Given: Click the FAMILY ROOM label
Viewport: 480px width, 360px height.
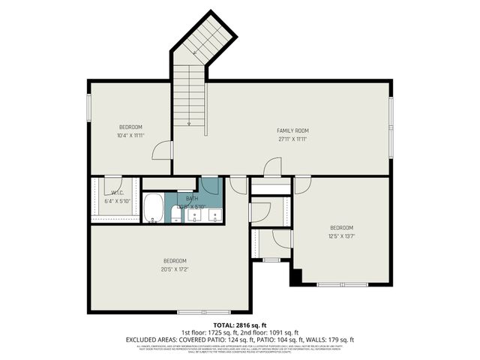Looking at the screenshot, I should (x=292, y=130).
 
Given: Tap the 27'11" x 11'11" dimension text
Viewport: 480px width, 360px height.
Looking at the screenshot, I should (x=292, y=139).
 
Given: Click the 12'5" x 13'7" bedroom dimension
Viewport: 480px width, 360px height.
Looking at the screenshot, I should (x=341, y=235).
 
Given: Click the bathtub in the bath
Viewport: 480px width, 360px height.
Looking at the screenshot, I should (x=154, y=208).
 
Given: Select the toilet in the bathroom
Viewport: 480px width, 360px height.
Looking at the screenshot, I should (x=175, y=215).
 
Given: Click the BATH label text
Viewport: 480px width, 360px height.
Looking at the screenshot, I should (x=192, y=199).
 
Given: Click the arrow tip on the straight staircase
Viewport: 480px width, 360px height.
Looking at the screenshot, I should (x=189, y=124).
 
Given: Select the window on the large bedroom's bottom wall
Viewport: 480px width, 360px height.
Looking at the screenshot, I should (x=204, y=311).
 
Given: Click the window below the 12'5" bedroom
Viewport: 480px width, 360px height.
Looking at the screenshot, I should (x=341, y=284).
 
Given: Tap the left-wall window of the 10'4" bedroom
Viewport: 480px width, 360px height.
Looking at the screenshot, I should (x=89, y=106).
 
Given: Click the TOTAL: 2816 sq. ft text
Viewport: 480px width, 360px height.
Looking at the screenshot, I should (x=240, y=325).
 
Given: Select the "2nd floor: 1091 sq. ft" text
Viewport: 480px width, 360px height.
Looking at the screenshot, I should (x=269, y=332).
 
